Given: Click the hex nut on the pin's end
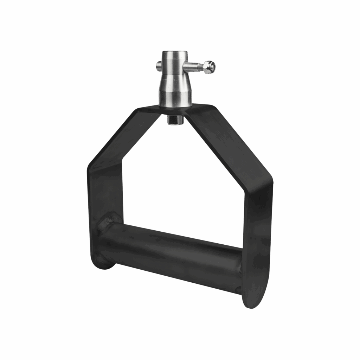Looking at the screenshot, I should pos(210,67).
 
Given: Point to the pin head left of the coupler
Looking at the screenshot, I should pos(159,65).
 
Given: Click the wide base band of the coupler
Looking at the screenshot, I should pos(175,99).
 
